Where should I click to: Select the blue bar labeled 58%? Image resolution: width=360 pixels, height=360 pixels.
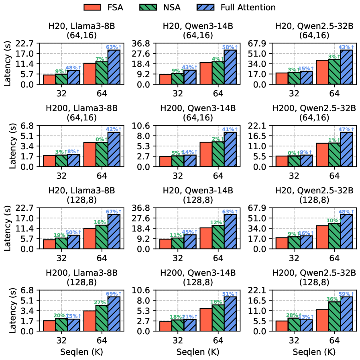pyautogui.click(x=230, y=67)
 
